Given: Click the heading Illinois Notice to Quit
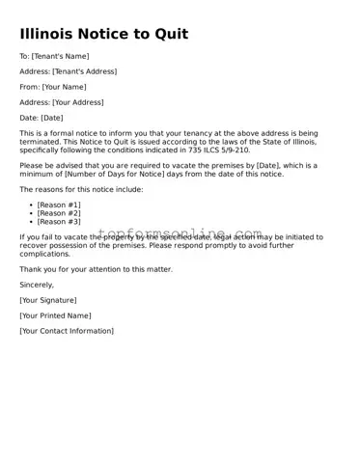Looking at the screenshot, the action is tap(104, 34).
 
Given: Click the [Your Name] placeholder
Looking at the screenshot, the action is tap(64, 87).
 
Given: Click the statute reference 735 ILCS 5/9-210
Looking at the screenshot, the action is tap(214, 150).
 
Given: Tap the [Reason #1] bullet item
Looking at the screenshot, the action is tap(59, 206).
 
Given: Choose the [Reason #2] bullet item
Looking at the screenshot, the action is tap(59, 213).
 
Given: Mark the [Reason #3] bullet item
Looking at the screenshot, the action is tap(59, 222).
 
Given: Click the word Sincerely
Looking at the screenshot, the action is tap(37, 285).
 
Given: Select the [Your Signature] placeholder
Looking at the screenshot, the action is tap(48, 300).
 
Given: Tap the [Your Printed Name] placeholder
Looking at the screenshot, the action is tap(55, 315).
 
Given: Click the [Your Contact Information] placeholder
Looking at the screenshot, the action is tap(67, 331).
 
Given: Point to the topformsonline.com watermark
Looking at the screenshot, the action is tap(180, 233).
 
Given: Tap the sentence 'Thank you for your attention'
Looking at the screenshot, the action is tap(96, 269).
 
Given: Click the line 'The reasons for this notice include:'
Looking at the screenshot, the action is tap(81, 189).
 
